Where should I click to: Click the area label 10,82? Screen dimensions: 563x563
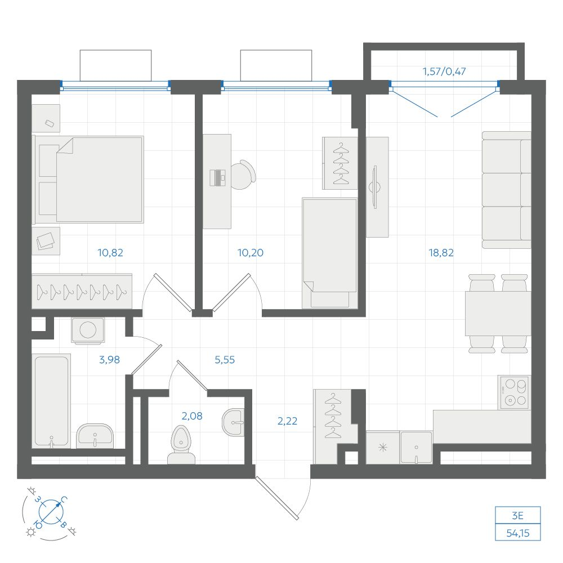pyautogui.click(x=110, y=253)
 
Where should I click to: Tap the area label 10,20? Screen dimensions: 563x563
pyautogui.click(x=251, y=253)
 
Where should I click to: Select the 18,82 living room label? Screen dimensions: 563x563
pyautogui.click(x=441, y=253)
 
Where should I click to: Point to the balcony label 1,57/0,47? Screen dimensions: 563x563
pyautogui.click(x=444, y=72)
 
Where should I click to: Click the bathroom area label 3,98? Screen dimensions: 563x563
pyautogui.click(x=110, y=359)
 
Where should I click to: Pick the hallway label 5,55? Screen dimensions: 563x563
pyautogui.click(x=225, y=359)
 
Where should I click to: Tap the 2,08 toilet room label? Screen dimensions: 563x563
pyautogui.click(x=192, y=416)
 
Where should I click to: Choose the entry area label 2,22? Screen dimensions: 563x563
pyautogui.click(x=287, y=421)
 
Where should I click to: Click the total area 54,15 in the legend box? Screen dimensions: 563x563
pyautogui.click(x=518, y=533)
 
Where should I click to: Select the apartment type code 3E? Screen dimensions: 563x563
pyautogui.click(x=517, y=516)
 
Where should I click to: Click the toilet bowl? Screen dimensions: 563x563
pyautogui.click(x=181, y=445)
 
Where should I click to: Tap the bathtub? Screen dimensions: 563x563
pyautogui.click(x=51, y=401)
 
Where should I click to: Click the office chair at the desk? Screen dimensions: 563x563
pyautogui.click(x=243, y=175)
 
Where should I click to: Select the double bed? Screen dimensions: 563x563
pyautogui.click(x=89, y=180)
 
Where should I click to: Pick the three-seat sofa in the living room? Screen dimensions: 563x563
pyautogui.click(x=506, y=190)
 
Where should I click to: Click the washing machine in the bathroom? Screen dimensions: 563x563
pyautogui.click(x=88, y=330)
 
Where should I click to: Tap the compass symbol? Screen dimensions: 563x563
pyautogui.click(x=51, y=512)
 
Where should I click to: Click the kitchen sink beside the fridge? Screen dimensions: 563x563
pyautogui.click(x=416, y=448)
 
